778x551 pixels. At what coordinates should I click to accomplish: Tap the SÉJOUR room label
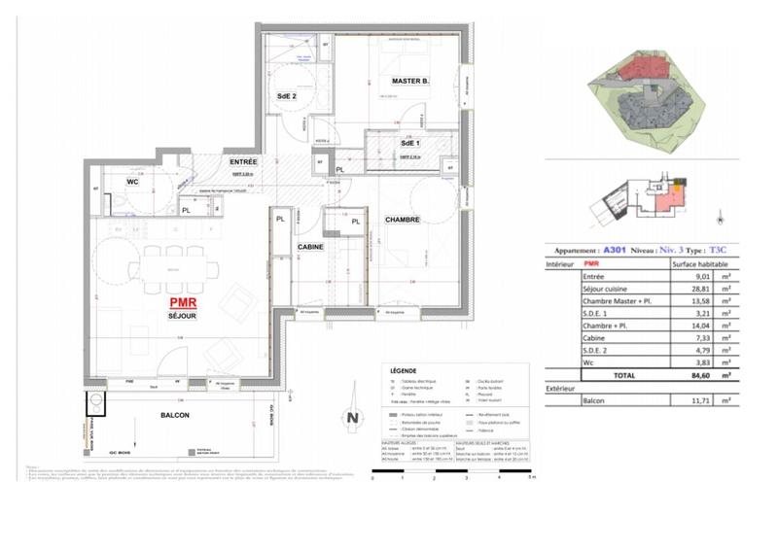183,317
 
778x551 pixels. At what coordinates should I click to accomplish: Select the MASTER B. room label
411,81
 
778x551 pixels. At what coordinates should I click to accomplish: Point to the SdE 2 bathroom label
287,96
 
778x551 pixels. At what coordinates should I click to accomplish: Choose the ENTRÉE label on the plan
243,161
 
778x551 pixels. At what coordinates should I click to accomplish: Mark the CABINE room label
311,247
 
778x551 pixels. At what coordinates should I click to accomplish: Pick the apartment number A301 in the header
615,249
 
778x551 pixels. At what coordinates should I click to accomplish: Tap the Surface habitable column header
698,262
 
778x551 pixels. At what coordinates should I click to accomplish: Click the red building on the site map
640,67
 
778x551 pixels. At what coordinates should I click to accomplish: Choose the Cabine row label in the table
593,336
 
